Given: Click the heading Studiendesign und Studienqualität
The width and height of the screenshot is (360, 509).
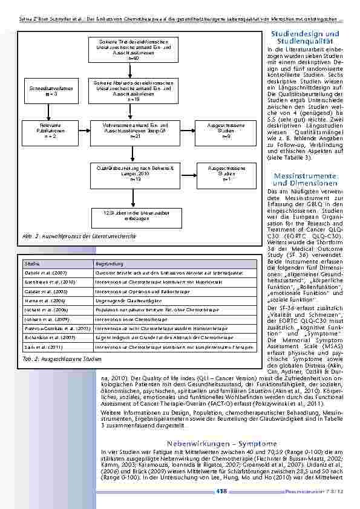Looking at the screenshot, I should [305, 37].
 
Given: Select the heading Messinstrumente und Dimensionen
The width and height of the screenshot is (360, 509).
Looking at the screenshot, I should [305, 179].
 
